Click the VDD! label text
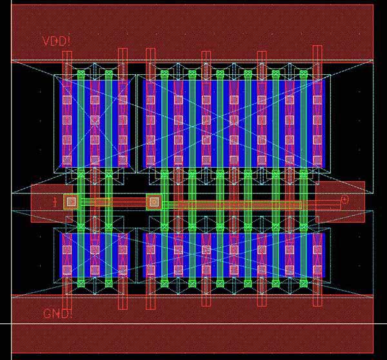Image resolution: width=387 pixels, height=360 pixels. click(x=57, y=41)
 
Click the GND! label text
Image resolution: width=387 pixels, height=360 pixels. click(x=57, y=314)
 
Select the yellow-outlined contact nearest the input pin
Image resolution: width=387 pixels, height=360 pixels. click(x=72, y=202)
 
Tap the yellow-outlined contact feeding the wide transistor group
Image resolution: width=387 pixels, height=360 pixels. click(x=154, y=203)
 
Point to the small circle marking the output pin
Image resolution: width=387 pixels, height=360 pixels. click(x=344, y=200)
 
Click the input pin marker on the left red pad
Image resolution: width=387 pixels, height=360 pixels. click(x=55, y=202)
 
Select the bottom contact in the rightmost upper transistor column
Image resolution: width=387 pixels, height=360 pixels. click(x=317, y=158)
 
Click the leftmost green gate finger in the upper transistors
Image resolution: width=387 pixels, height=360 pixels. click(x=81, y=119)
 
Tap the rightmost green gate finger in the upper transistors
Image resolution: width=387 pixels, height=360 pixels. click(x=303, y=119)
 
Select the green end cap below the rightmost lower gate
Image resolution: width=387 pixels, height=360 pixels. click(x=303, y=283)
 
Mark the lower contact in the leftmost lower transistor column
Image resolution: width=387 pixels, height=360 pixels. click(x=66, y=270)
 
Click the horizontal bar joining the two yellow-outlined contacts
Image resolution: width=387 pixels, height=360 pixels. click(x=113, y=203)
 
